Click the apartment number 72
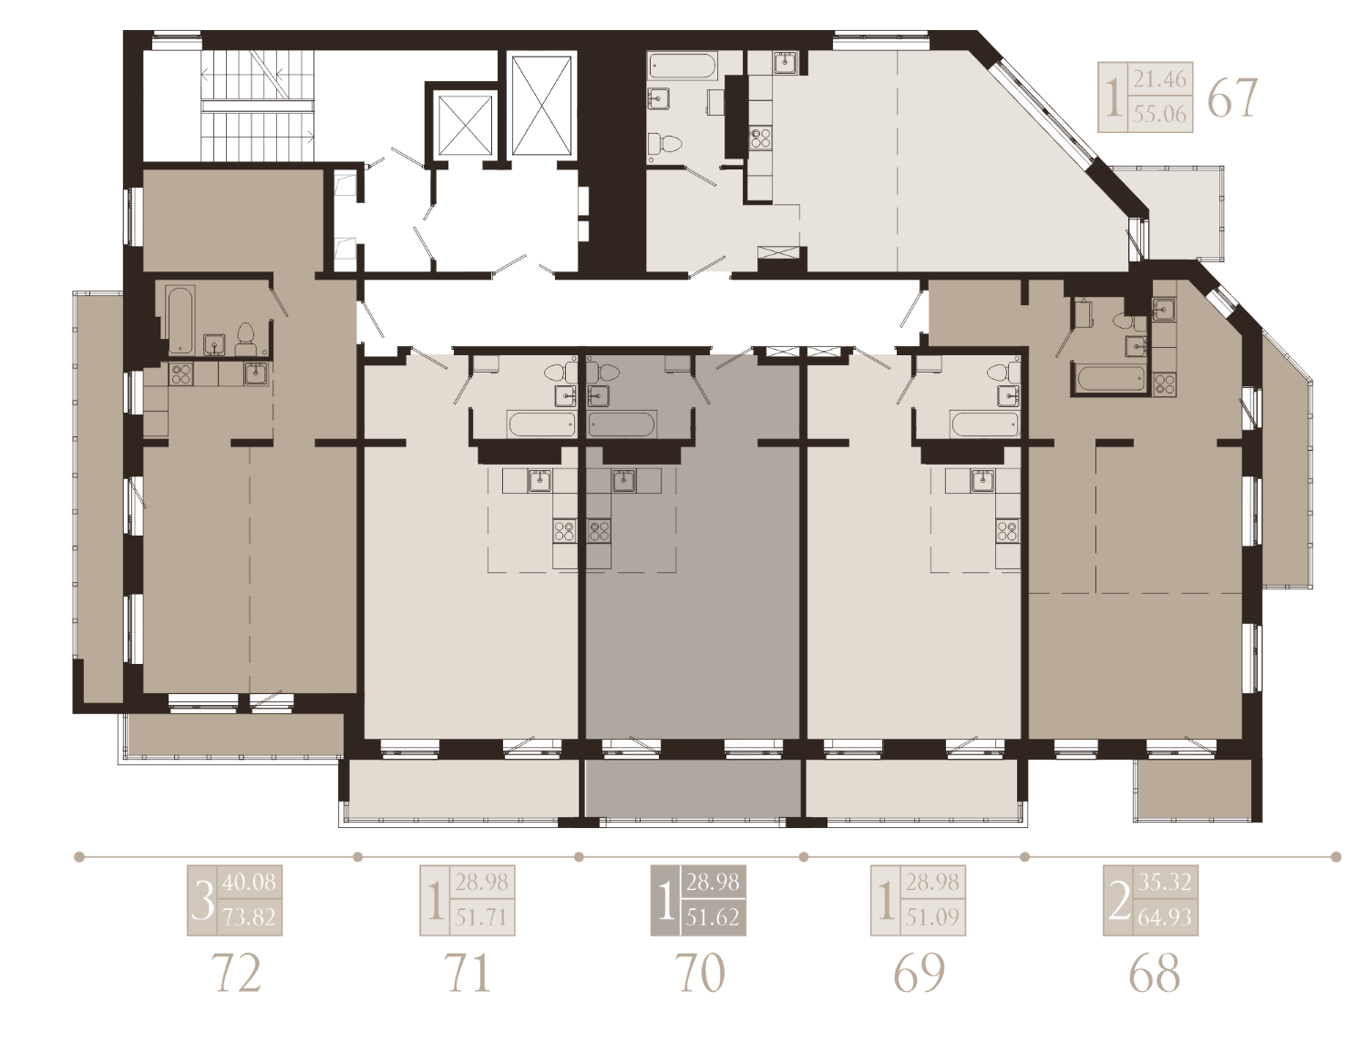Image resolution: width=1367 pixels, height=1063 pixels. click(238, 973)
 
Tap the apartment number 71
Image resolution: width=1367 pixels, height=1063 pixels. click(468, 973)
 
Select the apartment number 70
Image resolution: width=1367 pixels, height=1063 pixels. click(700, 973)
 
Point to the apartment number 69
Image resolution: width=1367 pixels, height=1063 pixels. click(920, 973)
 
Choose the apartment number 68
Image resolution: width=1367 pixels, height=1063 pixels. click(1155, 973)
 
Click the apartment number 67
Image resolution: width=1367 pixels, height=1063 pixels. click(1232, 97)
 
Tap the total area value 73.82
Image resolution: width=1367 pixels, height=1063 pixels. click(249, 917)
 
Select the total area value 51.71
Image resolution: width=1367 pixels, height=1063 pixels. click(481, 917)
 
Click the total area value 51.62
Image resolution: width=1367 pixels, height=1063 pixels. click(713, 917)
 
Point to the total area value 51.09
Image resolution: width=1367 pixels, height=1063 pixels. click(932, 917)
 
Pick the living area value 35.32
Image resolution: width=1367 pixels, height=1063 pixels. click(1164, 882)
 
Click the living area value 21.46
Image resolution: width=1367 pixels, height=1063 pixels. click(1159, 79)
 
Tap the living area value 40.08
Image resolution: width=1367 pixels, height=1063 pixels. click(249, 882)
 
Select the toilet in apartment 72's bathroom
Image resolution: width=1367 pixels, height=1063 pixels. click(245, 340)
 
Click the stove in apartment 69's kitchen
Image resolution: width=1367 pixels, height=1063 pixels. click(1007, 531)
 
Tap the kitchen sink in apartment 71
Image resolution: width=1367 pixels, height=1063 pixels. click(540, 481)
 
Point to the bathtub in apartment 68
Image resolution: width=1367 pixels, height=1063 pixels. click(1110, 379)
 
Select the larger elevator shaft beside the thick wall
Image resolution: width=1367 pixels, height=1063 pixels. click(541, 106)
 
